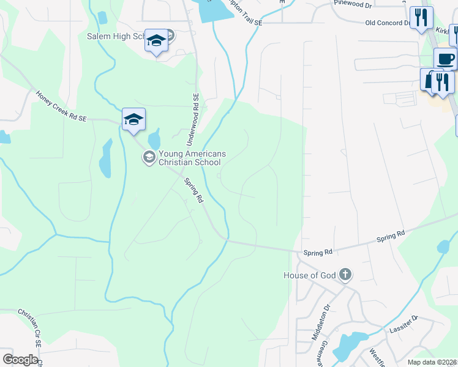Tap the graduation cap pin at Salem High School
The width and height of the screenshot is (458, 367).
coord(156,41)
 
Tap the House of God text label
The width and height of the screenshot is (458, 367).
coord(309,275)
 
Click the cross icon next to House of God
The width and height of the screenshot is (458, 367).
coord(345,275)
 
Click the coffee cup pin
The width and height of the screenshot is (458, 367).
coord(445,59)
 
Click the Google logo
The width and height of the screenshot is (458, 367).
coord(20,359)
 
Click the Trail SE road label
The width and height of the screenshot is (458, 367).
coord(246,21)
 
